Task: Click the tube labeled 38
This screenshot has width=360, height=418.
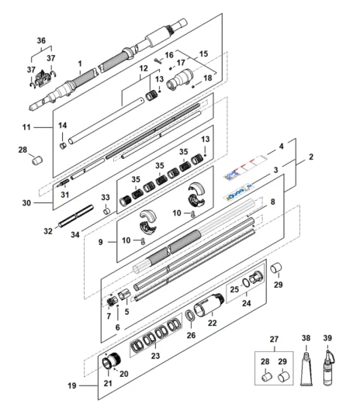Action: coord(306,368)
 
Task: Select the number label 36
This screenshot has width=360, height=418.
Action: coord(41,40)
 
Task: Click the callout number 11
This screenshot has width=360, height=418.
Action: coord(26,127)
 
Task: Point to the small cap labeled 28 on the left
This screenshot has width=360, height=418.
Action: coord(37,160)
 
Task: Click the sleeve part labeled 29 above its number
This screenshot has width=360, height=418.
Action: coord(276,268)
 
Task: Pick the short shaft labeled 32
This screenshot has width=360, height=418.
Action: coord(76,216)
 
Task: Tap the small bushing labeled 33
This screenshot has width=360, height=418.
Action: coord(106,211)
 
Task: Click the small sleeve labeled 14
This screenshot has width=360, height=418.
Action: coord(63,145)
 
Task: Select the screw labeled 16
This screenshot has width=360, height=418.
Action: coord(158,60)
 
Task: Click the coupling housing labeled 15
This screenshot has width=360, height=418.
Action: coord(179,79)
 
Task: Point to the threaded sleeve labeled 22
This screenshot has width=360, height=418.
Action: coord(208,306)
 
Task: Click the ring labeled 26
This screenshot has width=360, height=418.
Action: coord(189,316)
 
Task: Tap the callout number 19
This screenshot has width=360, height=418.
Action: coord(72,385)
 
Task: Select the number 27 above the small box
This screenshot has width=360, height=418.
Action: coord(274,340)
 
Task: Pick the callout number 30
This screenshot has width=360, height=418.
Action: coord(26,203)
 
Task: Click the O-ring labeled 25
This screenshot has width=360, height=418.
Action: coord(246,282)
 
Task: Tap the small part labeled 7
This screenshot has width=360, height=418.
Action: coord(112,302)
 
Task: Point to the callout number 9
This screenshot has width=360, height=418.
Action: coord(101,242)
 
